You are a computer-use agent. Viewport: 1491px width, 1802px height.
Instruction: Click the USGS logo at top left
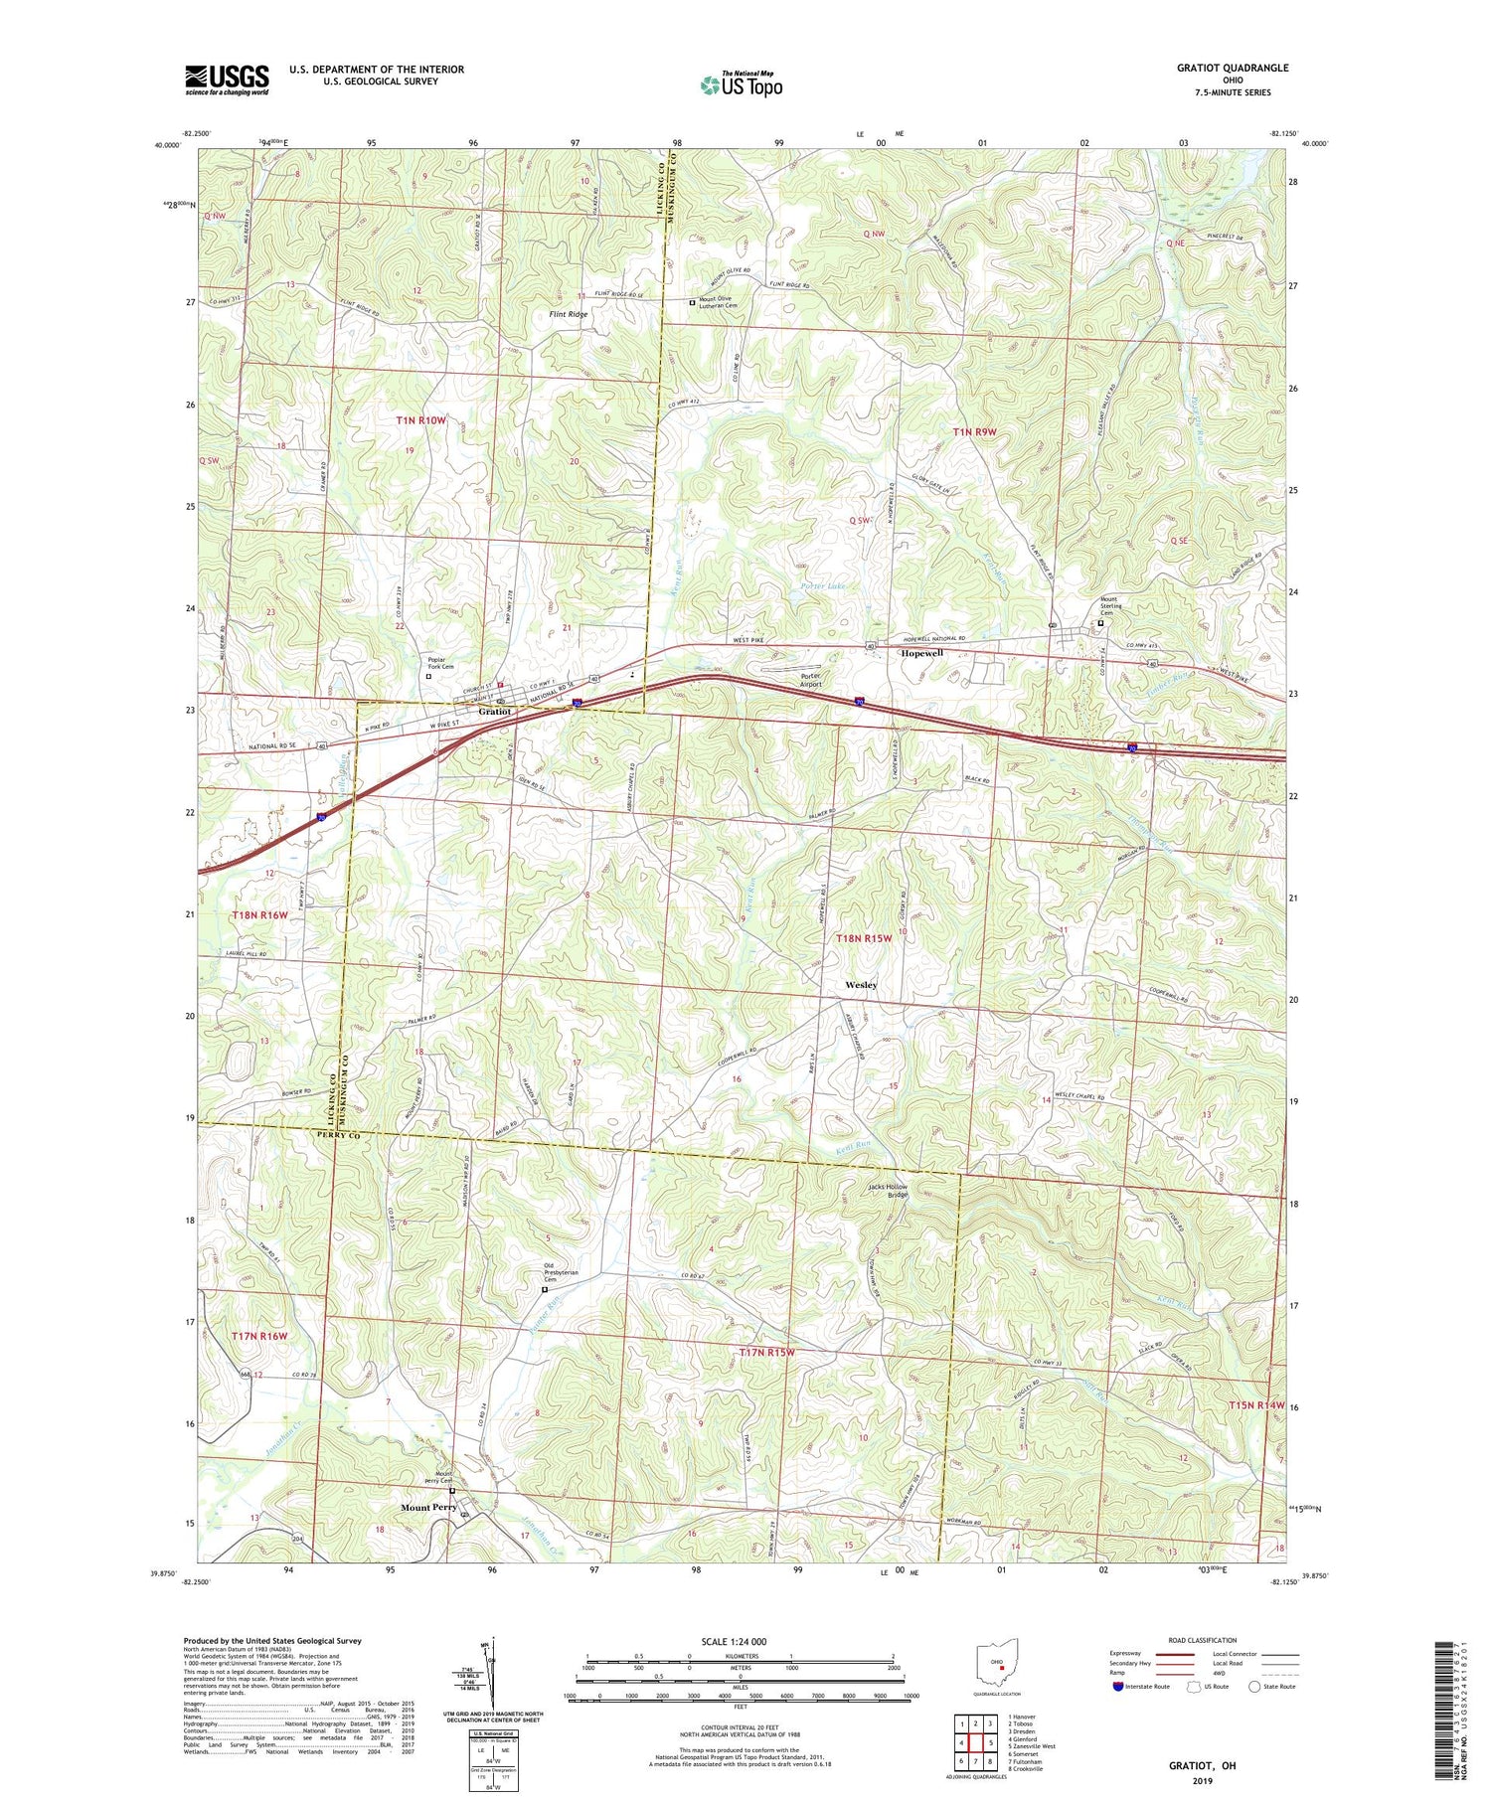[x=227, y=80]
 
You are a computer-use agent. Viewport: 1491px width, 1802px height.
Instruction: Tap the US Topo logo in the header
[x=741, y=85]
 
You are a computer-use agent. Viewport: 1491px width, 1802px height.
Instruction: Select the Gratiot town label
[x=494, y=712]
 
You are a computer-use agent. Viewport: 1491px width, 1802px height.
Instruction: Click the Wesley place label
[x=861, y=985]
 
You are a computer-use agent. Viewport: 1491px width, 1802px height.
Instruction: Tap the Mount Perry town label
[x=428, y=1508]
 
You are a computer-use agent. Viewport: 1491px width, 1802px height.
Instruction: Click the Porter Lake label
[x=824, y=587]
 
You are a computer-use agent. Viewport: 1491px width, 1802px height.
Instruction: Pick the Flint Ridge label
[x=569, y=314]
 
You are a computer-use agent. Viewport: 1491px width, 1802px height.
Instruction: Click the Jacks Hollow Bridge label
[x=888, y=1191]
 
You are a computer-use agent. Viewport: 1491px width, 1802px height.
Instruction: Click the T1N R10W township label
[x=420, y=420]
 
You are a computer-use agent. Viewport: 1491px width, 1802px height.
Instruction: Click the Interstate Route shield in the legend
[x=1118, y=1687]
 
